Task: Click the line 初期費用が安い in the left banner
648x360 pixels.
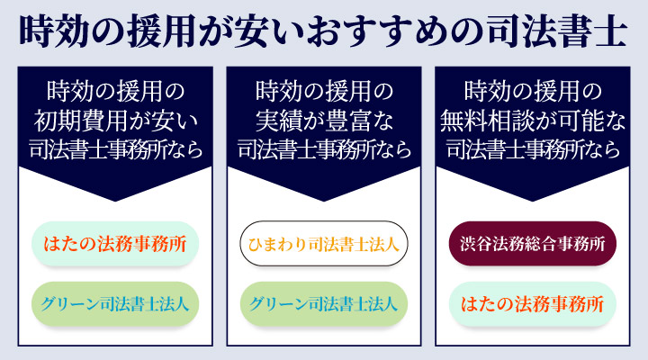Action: point(114,120)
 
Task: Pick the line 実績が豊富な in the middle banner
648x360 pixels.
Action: point(324,120)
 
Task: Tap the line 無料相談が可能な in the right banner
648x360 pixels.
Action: point(533,120)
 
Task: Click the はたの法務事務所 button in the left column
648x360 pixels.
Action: point(114,243)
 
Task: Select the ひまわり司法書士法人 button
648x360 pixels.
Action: point(324,243)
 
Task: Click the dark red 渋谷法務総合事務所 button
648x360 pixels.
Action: point(533,243)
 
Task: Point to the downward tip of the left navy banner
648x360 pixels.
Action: point(114,197)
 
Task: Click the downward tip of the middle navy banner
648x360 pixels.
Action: point(324,197)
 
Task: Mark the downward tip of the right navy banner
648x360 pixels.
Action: point(533,197)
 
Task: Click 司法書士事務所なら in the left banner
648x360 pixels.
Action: point(114,148)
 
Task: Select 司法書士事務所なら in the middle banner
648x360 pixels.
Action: point(324,148)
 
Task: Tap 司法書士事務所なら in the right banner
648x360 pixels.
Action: point(533,148)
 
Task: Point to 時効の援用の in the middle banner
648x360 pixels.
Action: point(324,91)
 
